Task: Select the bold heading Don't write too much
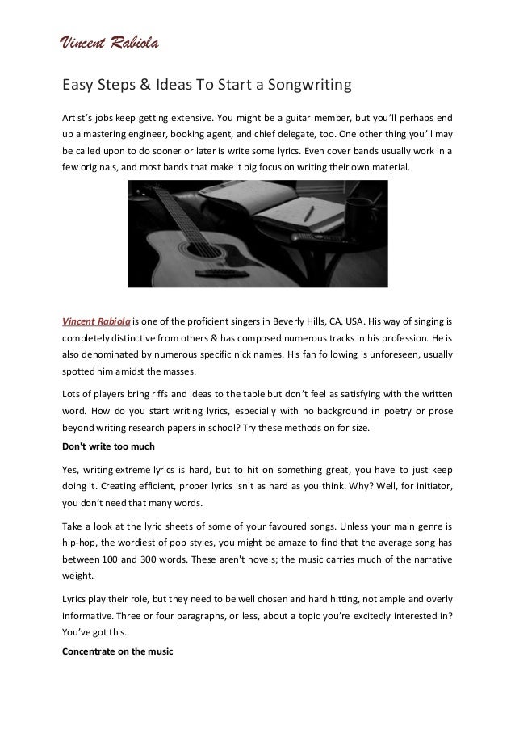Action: (x=107, y=447)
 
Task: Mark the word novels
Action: (x=251, y=559)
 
